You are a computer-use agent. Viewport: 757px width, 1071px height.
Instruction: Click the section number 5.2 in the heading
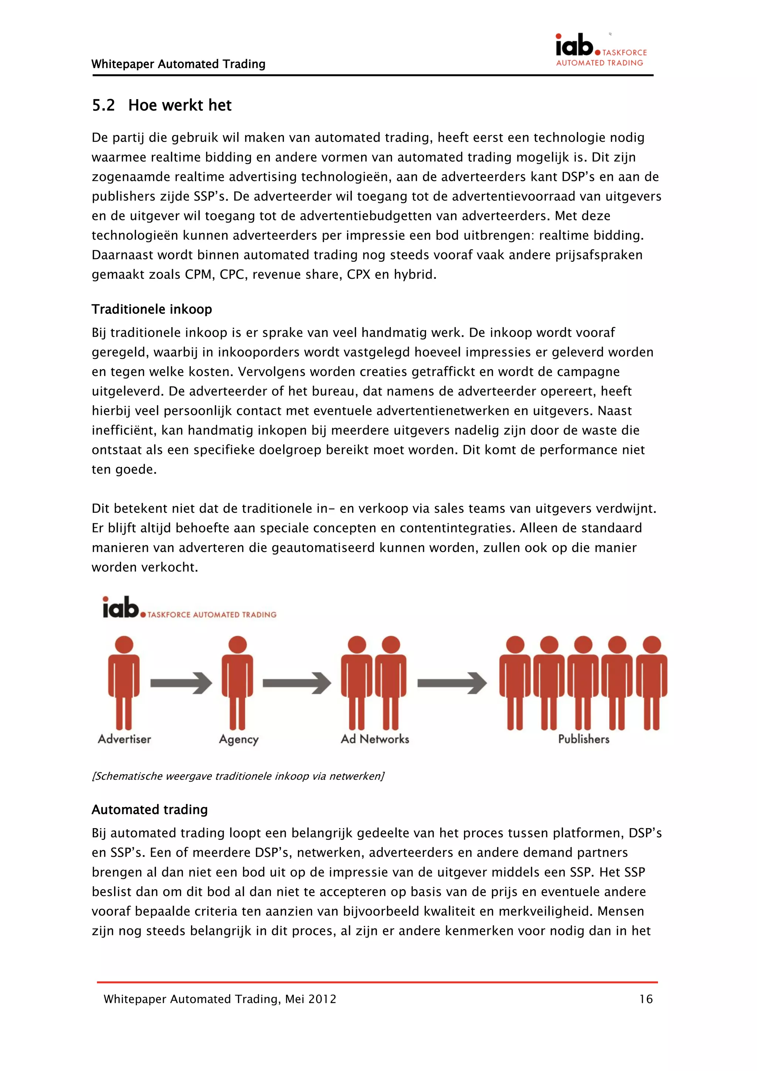click(103, 105)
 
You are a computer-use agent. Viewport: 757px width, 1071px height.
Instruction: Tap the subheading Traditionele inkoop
click(152, 309)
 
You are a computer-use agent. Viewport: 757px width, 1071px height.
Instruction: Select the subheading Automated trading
click(149, 810)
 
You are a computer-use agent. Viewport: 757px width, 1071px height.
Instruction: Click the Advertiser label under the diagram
click(124, 739)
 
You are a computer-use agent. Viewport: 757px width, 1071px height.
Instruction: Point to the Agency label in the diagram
click(238, 740)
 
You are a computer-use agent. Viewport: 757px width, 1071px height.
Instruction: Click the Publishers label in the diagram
click(584, 739)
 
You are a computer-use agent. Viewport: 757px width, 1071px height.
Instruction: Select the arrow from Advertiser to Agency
click(181, 683)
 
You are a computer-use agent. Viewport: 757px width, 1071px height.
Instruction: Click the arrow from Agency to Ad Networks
click(297, 683)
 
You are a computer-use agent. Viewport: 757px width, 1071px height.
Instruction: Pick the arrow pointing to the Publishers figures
click(451, 683)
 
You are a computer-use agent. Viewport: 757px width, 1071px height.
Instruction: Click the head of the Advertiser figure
click(124, 645)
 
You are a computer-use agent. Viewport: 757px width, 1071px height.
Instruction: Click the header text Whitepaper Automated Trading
click(178, 64)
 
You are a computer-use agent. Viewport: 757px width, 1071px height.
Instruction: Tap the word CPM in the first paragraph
click(198, 275)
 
